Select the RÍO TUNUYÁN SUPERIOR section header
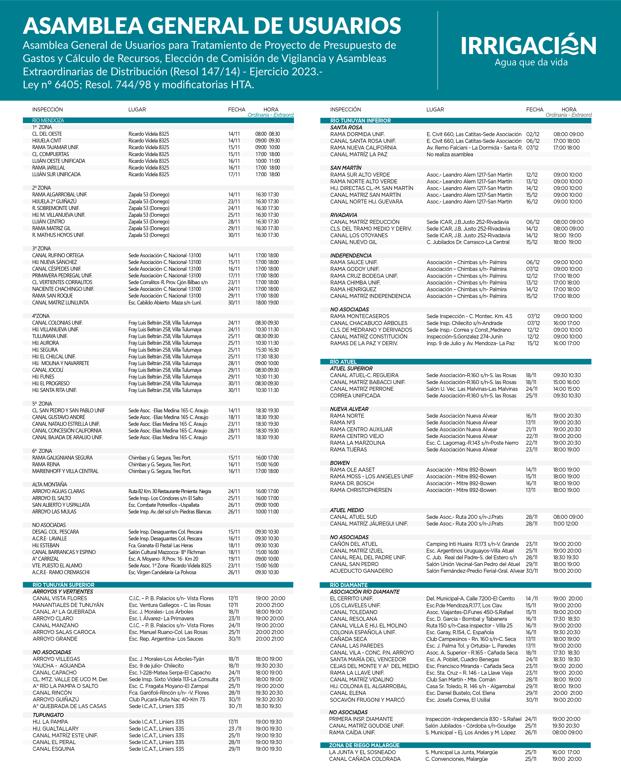click(63, 585)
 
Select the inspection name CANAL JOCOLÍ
click(48, 370)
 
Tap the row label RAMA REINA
click(46, 464)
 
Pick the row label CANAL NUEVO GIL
click(353, 242)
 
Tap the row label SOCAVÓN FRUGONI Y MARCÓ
click(367, 700)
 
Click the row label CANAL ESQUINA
click(54, 749)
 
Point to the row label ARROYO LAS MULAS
click(54, 512)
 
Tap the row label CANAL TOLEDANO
click(353, 612)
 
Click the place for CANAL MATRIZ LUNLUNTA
click(165, 303)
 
